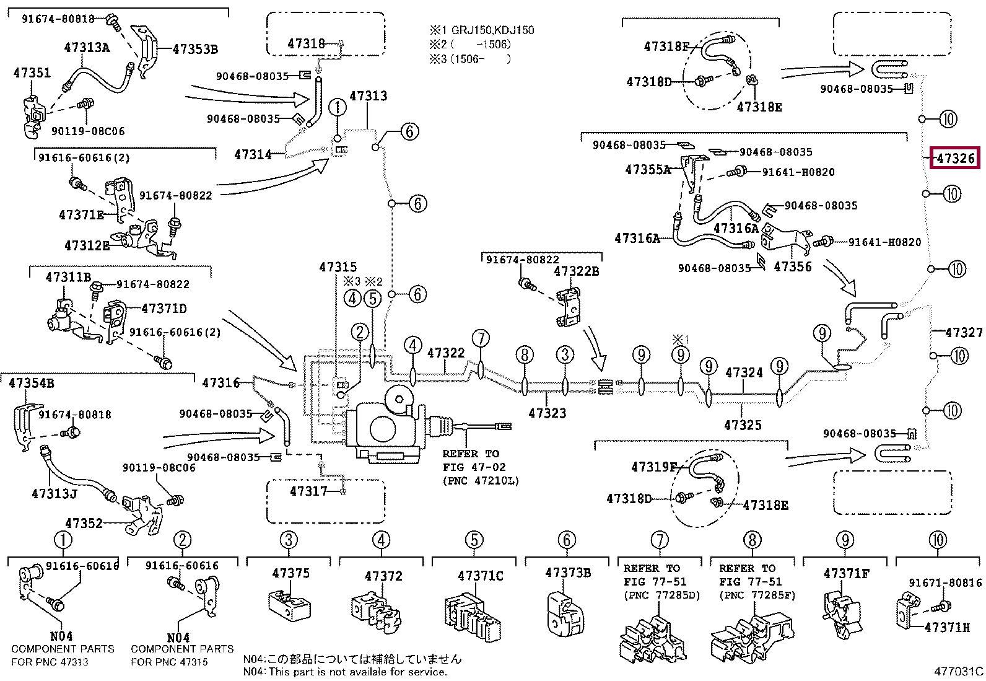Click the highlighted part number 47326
point(955,158)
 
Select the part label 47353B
point(195,49)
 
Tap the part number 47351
point(32,72)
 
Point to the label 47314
point(253,154)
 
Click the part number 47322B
point(576,271)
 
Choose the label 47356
point(792,266)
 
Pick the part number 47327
point(964,332)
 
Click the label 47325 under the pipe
point(743,425)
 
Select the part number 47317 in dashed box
point(308,491)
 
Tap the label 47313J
point(54,493)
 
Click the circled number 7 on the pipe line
point(481,338)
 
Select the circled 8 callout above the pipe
point(524,354)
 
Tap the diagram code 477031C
point(959,671)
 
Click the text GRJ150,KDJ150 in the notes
point(493,30)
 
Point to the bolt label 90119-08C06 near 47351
point(88,131)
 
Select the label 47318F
point(666,46)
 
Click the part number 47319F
point(653,467)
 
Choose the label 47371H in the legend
point(947,627)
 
